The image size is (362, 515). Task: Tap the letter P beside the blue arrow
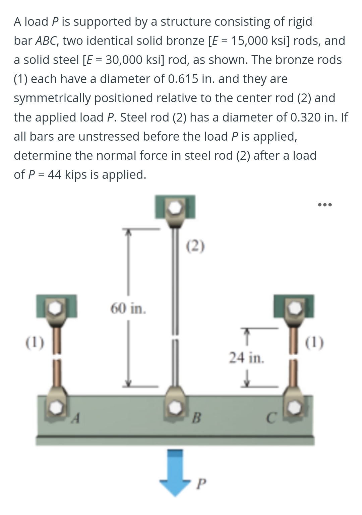(x=200, y=484)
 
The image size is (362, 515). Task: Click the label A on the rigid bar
(x=76, y=418)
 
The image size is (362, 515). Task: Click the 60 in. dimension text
(x=128, y=308)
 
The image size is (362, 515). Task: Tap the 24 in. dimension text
(x=246, y=358)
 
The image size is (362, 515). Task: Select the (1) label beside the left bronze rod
(x=35, y=343)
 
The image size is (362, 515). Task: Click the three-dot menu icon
(x=325, y=205)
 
